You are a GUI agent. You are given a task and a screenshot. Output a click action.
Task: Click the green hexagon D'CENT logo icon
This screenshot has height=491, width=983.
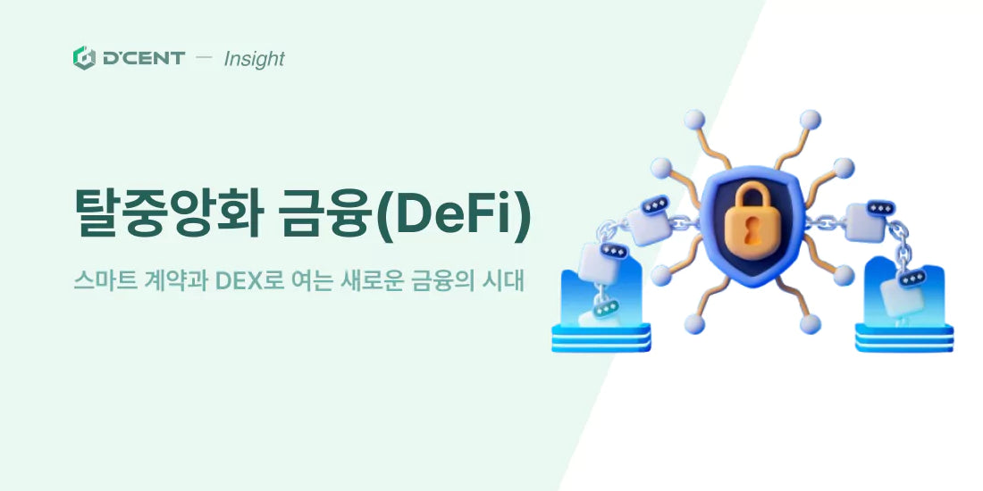(x=84, y=58)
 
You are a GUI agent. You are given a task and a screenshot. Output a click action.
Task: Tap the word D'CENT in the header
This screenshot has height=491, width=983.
(x=143, y=58)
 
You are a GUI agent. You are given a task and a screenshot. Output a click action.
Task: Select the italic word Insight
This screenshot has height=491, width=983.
(x=254, y=59)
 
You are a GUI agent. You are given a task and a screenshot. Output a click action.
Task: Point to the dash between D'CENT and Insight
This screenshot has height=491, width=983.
(x=204, y=58)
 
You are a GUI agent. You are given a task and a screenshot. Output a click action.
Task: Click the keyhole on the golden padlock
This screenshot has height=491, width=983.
(x=752, y=232)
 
